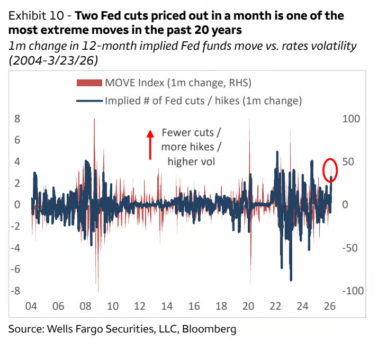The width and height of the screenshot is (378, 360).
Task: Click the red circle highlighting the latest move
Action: (330, 170)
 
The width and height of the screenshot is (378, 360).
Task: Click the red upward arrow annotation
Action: (150, 145)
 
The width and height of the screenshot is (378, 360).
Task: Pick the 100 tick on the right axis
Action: (352, 119)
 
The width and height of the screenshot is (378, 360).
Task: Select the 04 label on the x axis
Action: (31, 306)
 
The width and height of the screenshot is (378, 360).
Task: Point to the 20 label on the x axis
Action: (248, 306)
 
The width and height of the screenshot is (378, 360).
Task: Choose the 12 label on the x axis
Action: (139, 306)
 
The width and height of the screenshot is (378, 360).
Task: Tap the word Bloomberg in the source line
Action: (210, 329)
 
